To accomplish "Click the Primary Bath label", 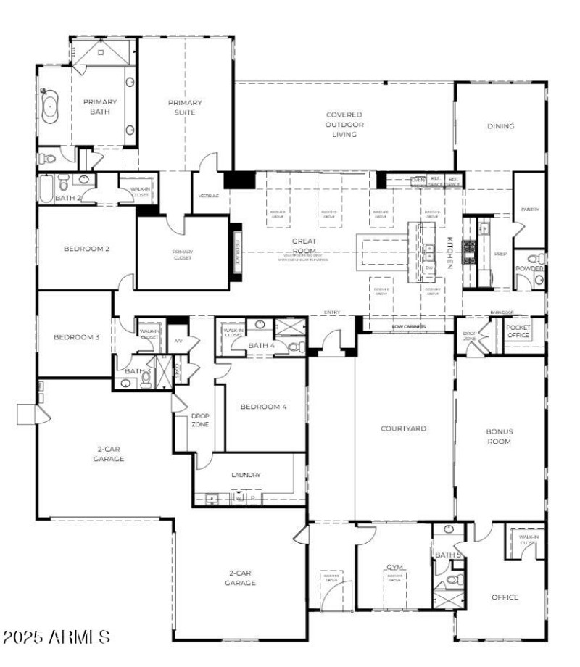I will (99, 107).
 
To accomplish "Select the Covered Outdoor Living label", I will (344, 124).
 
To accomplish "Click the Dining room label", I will (500, 126).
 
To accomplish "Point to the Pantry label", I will (529, 210).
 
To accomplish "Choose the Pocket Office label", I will (518, 331).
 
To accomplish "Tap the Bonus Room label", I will (499, 436).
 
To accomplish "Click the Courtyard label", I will (403, 428).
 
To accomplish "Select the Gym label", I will (394, 567).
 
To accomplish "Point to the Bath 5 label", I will (447, 555).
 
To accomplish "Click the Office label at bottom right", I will (505, 597).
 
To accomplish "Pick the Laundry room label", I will (246, 476).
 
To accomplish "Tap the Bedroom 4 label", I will (264, 407).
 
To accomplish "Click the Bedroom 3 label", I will (77, 337).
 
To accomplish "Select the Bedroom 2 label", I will (86, 249).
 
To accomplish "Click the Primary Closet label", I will (182, 254).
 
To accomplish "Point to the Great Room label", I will (304, 246).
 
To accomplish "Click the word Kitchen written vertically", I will (449, 253).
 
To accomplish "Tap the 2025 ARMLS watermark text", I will (57, 638).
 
